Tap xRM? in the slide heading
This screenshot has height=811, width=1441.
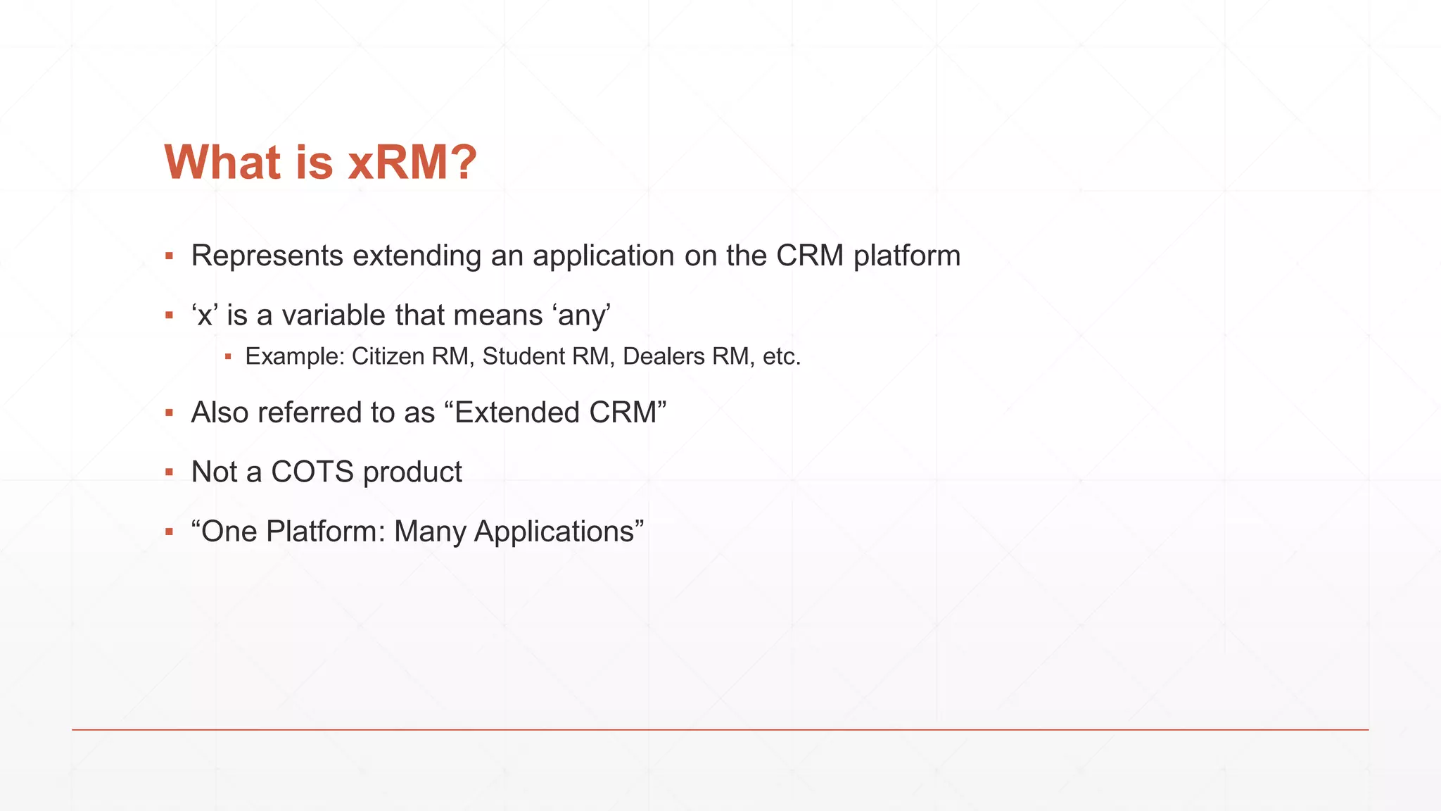[412, 162]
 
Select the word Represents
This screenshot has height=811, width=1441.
[267, 256]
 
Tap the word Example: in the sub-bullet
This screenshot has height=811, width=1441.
[294, 356]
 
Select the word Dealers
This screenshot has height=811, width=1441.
[664, 356]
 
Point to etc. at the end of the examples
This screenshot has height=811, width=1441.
[782, 356]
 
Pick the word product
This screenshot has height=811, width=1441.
[412, 472]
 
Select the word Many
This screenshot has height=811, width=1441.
[429, 532]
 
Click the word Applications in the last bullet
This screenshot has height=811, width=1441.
[554, 532]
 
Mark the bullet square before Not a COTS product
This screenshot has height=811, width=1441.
[169, 472]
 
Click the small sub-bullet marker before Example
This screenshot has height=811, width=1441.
[228, 357]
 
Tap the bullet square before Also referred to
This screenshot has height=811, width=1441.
[169, 413]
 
